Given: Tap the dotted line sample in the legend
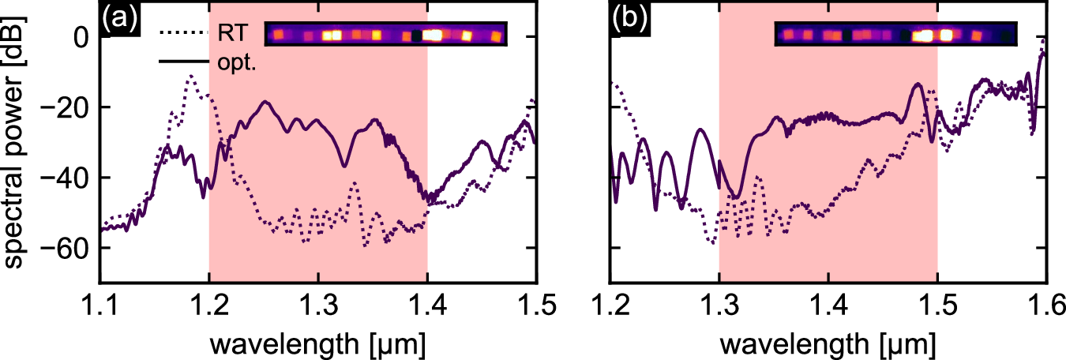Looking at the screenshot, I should [x=182, y=34].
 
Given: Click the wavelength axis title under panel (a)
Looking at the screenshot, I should [x=317, y=343].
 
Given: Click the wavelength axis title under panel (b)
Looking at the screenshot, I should [x=828, y=343].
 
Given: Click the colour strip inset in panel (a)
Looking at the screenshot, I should [x=385, y=35].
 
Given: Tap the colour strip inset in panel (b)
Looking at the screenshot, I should [x=895, y=35].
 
